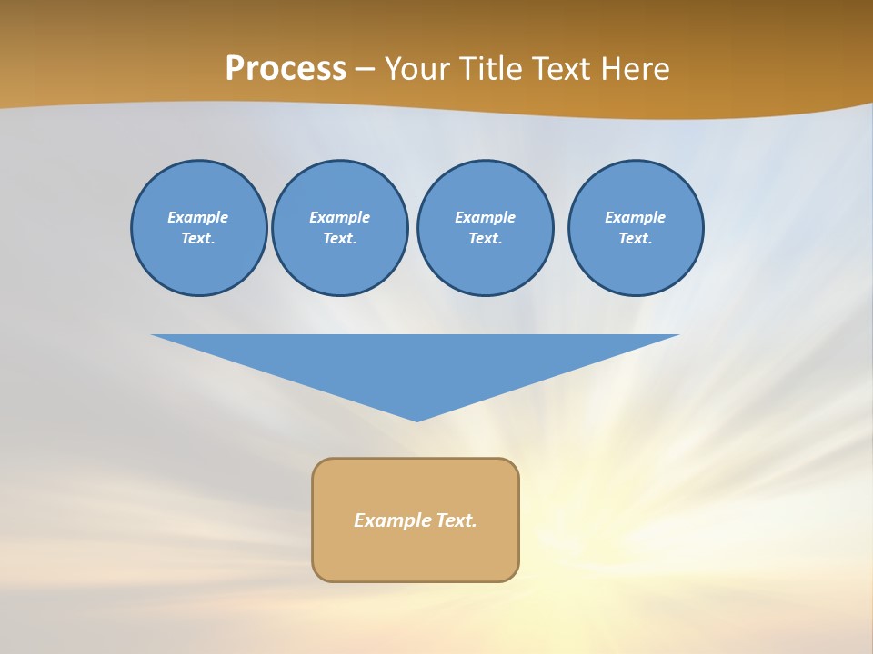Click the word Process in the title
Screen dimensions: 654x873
point(286,69)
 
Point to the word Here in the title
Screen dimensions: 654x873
point(634,69)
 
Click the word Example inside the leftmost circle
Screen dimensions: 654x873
point(198,217)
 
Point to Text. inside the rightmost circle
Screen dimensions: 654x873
point(636,238)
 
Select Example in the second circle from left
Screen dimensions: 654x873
point(340,217)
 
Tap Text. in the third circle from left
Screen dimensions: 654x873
point(485,238)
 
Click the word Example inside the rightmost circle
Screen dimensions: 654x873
point(636,217)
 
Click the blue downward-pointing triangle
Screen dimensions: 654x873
point(416,363)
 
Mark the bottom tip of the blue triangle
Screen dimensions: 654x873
point(416,419)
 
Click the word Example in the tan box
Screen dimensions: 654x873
point(393,520)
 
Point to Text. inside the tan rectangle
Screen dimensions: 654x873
point(457,520)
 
